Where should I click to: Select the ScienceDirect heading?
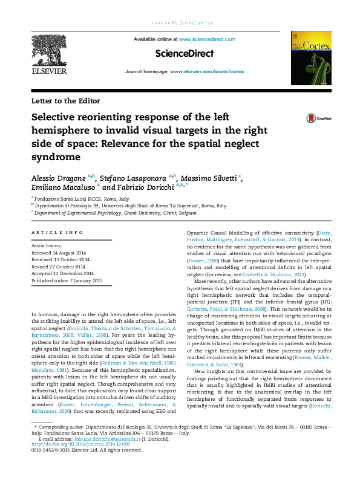tap(185, 54)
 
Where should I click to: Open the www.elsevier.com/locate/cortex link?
tap(207, 71)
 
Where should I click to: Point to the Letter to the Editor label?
tap(65, 101)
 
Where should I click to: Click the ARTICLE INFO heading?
tap(57, 232)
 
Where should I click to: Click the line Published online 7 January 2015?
tap(67, 281)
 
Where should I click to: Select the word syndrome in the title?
tap(56, 157)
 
